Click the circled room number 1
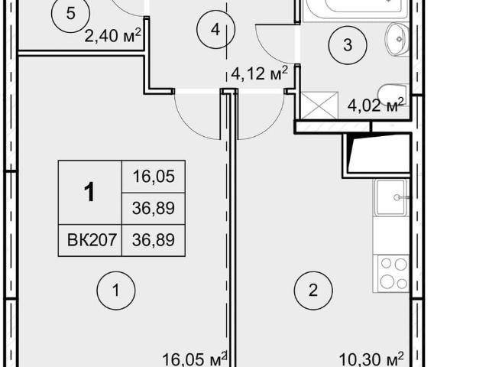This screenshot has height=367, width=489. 116,291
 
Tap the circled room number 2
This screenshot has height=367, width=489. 313,291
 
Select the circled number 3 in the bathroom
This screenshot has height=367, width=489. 348,45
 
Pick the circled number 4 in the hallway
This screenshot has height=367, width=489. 215,30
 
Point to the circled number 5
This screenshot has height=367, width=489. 71,14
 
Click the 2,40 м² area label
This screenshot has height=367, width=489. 112,36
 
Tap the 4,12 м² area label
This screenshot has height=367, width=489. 259,73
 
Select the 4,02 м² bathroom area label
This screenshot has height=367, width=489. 375,105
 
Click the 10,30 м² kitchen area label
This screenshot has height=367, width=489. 371,359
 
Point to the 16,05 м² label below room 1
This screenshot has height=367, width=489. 195,359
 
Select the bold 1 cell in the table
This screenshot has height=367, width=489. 90,192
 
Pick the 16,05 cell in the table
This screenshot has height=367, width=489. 154,177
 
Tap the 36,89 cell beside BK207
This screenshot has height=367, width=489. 154,240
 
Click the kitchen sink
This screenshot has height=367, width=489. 392,197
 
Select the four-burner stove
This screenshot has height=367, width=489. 393,274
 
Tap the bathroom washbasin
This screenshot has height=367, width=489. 397,40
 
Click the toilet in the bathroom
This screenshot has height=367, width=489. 392,95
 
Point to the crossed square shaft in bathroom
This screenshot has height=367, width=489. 319,106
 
